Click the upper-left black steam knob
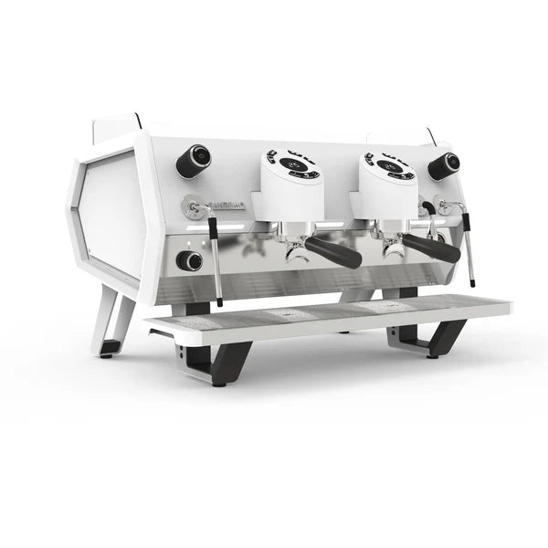coord(193,161)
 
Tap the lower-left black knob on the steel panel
coord(189,260)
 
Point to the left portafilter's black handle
coord(333,252)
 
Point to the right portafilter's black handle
coord(431,248)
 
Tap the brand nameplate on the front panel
coord(227,206)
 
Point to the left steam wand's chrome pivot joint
coord(193,206)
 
